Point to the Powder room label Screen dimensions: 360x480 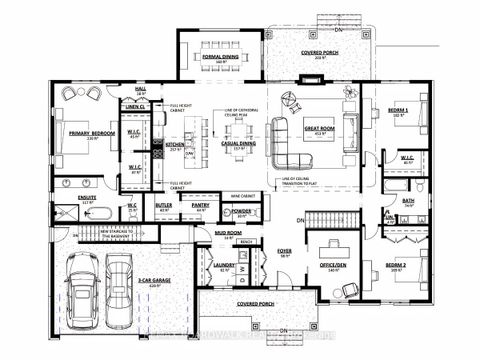240,211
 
